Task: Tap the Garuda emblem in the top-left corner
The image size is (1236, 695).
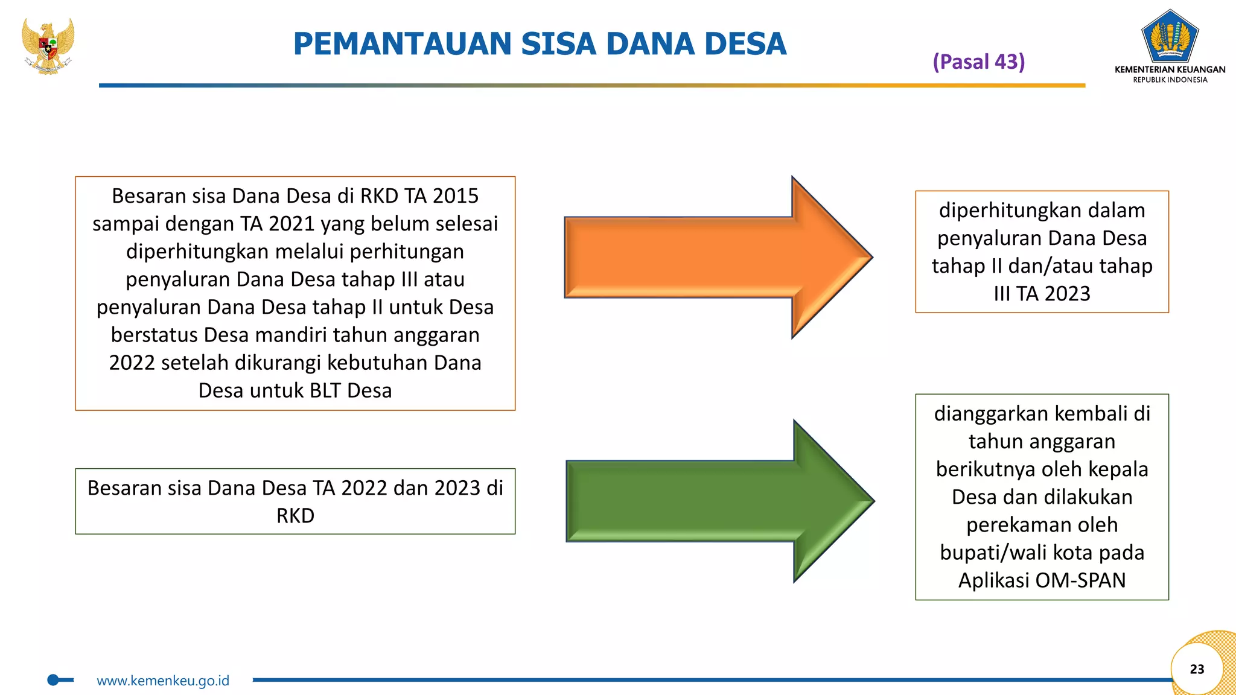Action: pyautogui.click(x=48, y=45)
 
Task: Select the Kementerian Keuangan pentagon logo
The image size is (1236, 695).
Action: pyautogui.click(x=1170, y=36)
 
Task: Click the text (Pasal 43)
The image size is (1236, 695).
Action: pyautogui.click(x=978, y=62)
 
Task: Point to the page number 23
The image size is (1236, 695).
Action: pyautogui.click(x=1197, y=669)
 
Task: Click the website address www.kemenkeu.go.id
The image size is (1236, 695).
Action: pyautogui.click(x=163, y=681)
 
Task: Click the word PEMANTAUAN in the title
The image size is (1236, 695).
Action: pyautogui.click(x=403, y=44)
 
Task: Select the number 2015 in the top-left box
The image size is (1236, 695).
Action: pyautogui.click(x=455, y=196)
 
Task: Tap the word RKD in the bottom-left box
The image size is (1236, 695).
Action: pyautogui.click(x=295, y=516)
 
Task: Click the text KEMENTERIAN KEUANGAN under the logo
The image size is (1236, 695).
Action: pyautogui.click(x=1170, y=69)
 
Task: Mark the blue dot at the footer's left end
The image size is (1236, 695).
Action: pyautogui.click(x=53, y=680)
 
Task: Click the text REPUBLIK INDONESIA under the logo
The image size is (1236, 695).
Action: pyautogui.click(x=1170, y=80)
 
